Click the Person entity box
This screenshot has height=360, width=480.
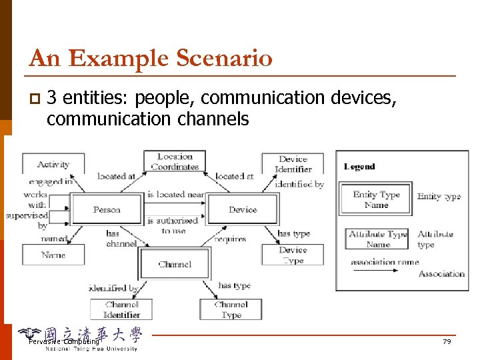pyautogui.click(x=107, y=209)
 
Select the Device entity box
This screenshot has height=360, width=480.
pyautogui.click(x=243, y=209)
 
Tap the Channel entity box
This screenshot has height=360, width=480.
pyautogui.click(x=175, y=264)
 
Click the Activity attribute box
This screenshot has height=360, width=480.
pyautogui.click(x=53, y=164)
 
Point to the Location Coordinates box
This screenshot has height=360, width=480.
pyautogui.click(x=175, y=161)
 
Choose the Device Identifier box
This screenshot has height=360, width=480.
pyautogui.click(x=293, y=164)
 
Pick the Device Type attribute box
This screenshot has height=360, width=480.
pyautogui.click(x=293, y=255)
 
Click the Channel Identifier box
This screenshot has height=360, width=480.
pyautogui.click(x=121, y=309)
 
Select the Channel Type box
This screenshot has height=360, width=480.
pyautogui.click(x=231, y=309)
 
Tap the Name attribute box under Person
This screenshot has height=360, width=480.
pyautogui.click(x=53, y=255)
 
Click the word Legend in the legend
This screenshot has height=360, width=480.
pyautogui.click(x=359, y=167)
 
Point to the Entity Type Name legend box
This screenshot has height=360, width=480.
pyautogui.click(x=376, y=199)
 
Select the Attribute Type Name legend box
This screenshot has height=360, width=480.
pyautogui.click(x=377, y=239)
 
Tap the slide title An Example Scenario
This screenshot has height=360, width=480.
pyautogui.click(x=151, y=59)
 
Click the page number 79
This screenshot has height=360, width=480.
pyautogui.click(x=447, y=341)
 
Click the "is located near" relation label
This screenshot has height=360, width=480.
pyautogui.click(x=174, y=195)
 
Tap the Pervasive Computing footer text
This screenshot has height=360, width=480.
pyautogui.click(x=63, y=341)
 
